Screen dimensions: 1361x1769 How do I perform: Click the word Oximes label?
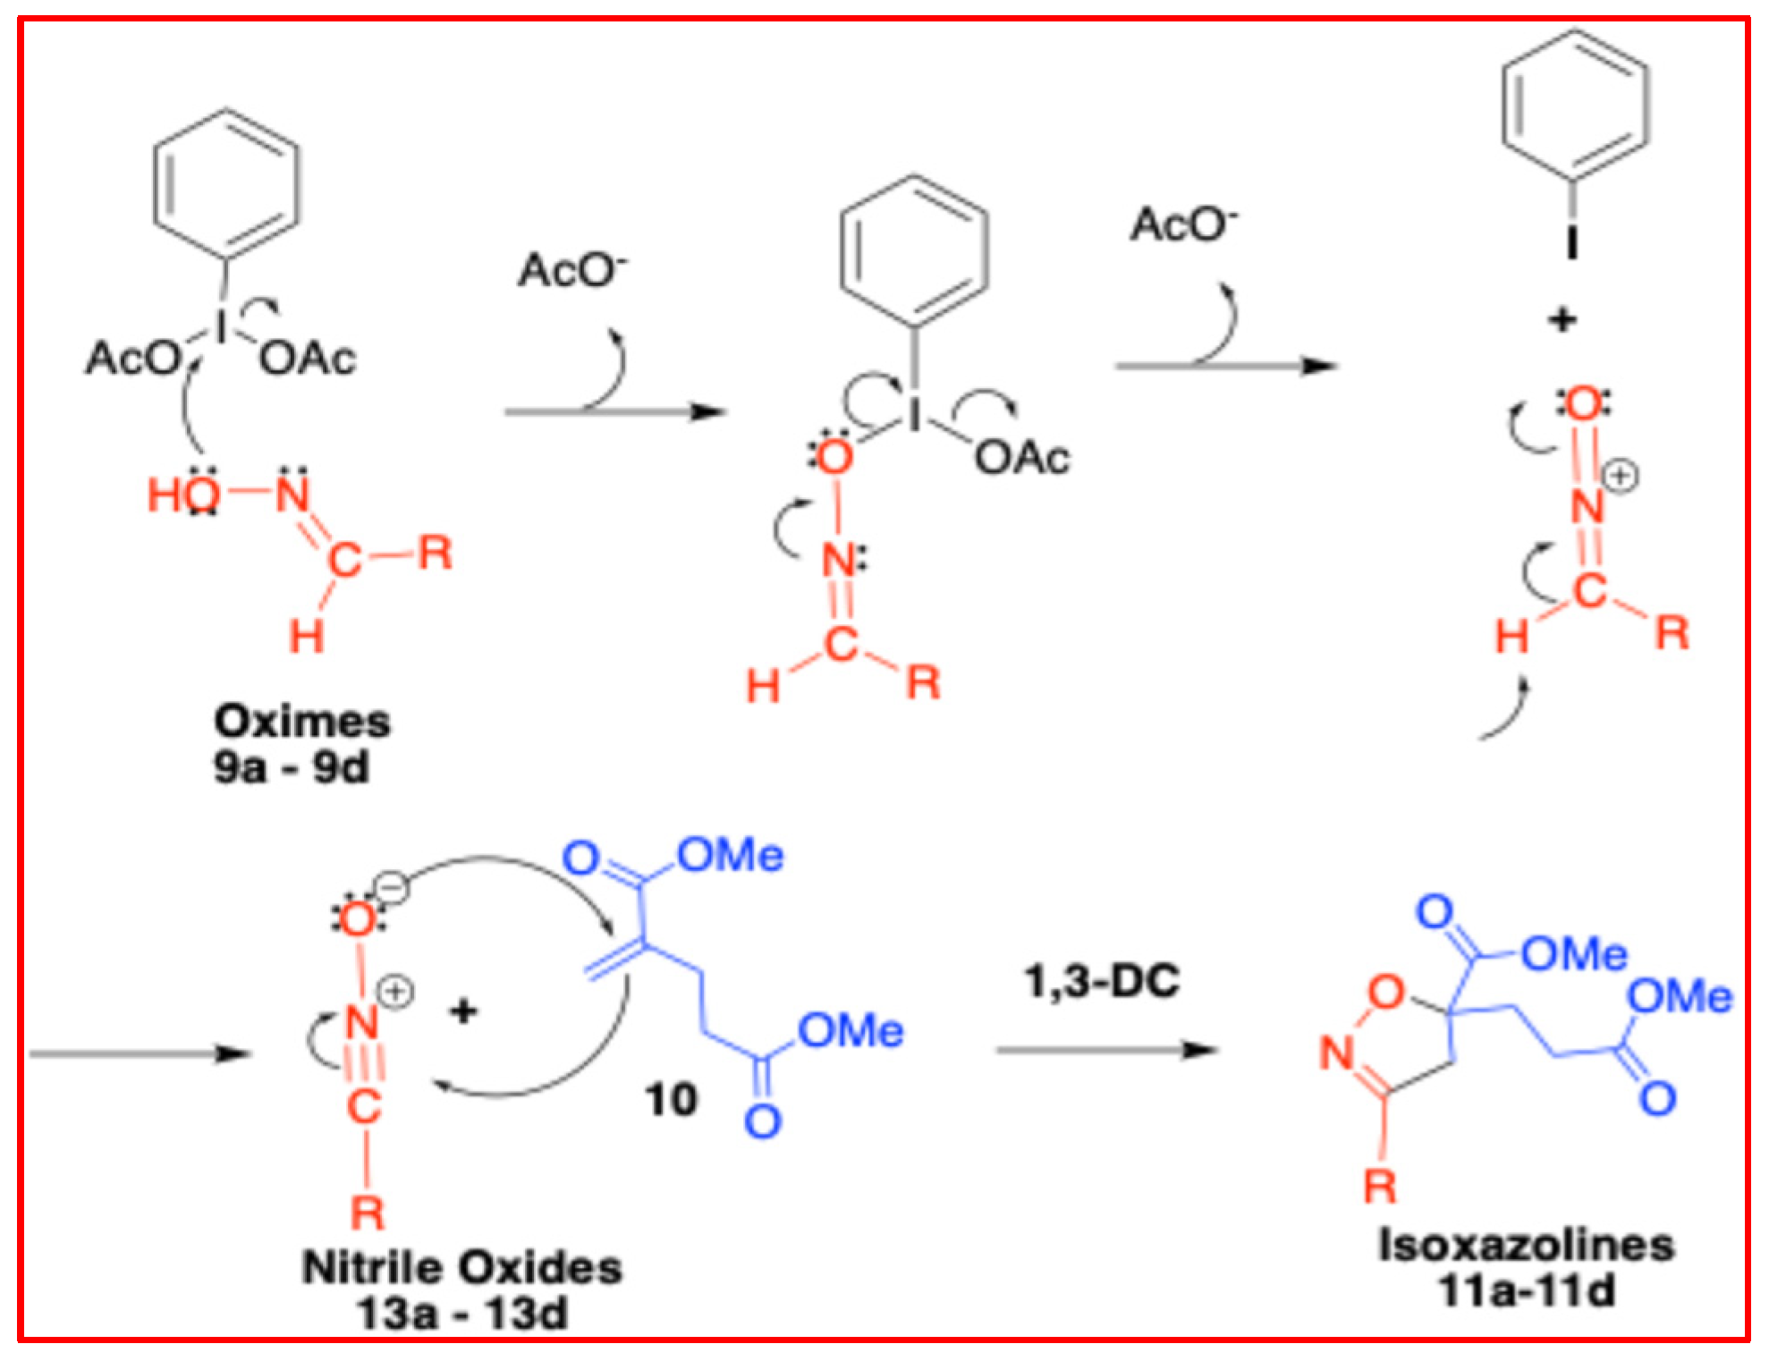(301, 721)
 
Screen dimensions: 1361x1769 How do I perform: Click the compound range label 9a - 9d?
(291, 767)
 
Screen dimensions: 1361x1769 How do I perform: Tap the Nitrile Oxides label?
(461, 1267)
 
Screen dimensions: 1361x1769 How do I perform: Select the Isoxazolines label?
(1526, 1245)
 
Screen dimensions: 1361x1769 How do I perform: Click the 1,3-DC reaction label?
(1102, 981)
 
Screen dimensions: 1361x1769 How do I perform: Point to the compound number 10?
(671, 1099)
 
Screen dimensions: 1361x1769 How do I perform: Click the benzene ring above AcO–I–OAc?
(226, 185)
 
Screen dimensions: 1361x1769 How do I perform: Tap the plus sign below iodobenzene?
(1562, 319)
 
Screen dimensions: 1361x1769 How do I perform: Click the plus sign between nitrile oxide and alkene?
(463, 1011)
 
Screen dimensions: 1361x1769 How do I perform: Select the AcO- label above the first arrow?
(572, 270)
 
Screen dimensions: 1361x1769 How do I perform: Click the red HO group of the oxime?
(183, 495)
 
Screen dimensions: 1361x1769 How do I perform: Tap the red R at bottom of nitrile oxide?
(367, 1213)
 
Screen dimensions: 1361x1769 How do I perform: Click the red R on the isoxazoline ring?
(1380, 1186)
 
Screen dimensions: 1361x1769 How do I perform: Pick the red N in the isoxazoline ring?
(1338, 1052)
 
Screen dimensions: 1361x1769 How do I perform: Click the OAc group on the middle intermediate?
(1022, 458)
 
